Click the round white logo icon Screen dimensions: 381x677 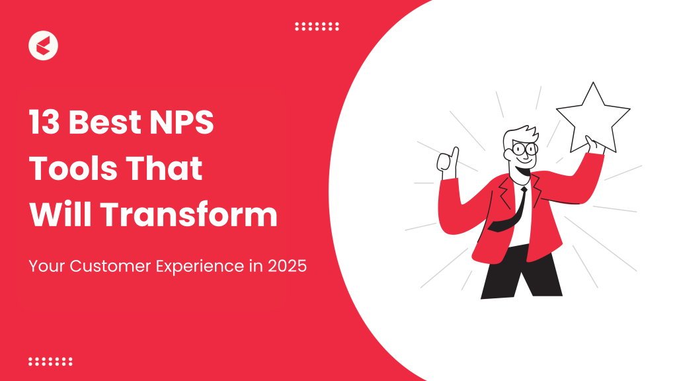tap(44, 46)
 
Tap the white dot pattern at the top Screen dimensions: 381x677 tap(317, 26)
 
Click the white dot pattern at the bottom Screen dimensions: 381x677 tap(50, 362)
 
